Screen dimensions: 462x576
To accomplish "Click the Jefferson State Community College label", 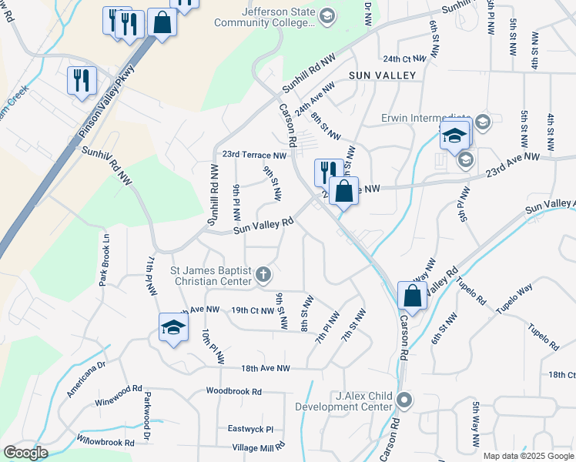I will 278,17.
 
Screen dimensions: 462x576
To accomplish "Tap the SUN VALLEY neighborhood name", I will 382,75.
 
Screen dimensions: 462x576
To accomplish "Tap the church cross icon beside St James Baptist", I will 263,273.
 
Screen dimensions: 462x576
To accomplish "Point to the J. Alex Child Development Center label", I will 363,401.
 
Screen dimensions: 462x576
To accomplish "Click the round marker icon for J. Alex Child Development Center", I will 406,400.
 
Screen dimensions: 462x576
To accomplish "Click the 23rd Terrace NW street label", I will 254,155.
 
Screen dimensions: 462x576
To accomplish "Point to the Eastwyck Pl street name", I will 250,428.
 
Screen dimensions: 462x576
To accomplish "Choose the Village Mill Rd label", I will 259,447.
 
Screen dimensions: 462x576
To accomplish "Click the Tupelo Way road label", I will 514,299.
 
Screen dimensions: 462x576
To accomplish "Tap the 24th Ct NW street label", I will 404,59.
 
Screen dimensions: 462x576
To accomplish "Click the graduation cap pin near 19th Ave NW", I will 173,327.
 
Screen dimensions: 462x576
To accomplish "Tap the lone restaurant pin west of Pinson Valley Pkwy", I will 82,80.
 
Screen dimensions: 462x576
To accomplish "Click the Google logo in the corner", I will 25,453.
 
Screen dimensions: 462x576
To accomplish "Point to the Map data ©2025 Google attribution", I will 528,456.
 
